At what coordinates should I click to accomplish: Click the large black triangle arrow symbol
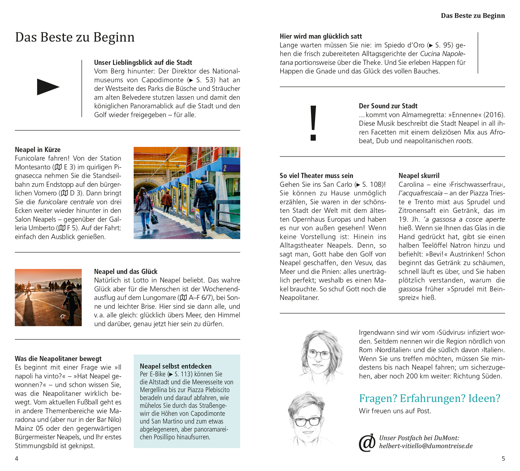coord(48,87)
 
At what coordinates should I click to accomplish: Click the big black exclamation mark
coord(313,123)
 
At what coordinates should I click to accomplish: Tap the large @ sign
coord(367,443)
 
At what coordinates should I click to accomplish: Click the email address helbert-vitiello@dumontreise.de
coord(426,446)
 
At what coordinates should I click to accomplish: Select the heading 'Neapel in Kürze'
coord(38,150)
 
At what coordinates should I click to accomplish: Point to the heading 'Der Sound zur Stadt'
coord(388,106)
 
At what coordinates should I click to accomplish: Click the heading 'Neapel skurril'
coord(419,176)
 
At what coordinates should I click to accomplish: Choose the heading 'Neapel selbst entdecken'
coord(175,366)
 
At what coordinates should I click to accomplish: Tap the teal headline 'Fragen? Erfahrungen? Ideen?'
coord(430,398)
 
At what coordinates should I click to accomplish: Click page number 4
coord(17,459)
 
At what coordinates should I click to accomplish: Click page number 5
coord(503,459)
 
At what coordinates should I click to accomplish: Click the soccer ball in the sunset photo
coord(63,317)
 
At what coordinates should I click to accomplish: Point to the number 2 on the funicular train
coord(225,168)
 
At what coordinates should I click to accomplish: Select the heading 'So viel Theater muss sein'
coord(317,176)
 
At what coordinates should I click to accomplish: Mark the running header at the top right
coord(473,16)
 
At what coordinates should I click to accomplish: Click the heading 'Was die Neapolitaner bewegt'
coord(58,359)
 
